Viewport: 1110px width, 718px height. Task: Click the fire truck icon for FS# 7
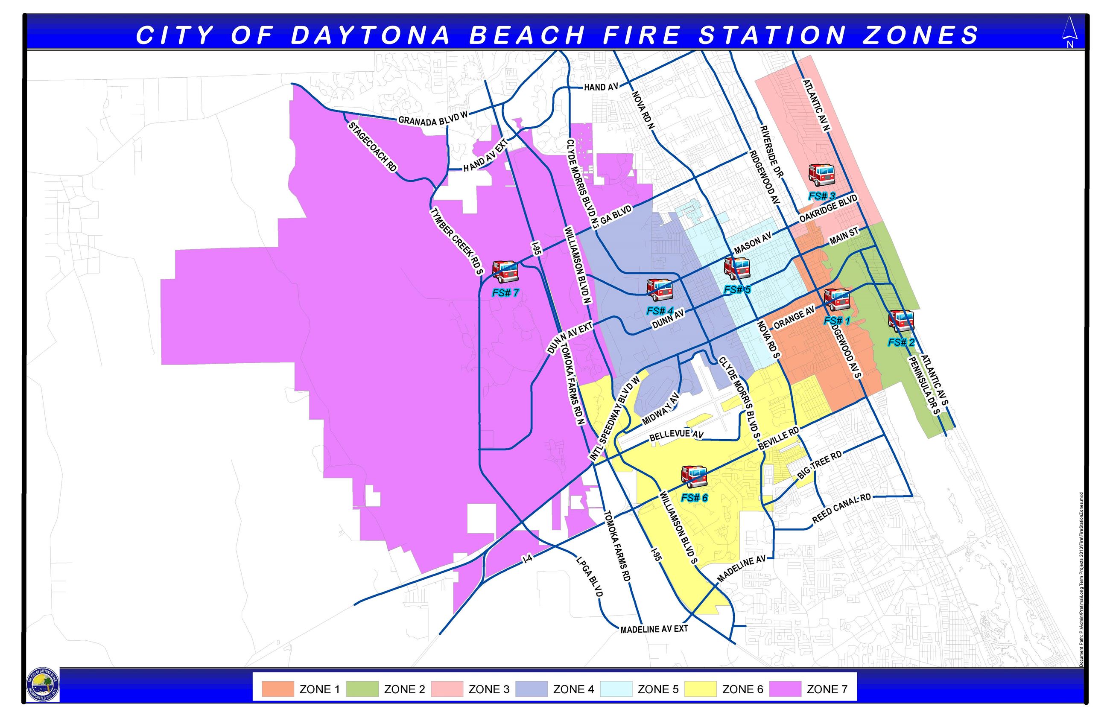click(505, 271)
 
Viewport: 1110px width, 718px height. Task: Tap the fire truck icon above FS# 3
click(821, 175)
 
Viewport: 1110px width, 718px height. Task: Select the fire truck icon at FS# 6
click(694, 476)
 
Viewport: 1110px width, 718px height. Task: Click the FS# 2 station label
click(901, 342)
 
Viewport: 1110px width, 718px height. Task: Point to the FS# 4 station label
click(660, 310)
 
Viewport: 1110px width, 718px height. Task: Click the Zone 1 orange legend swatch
click(277, 689)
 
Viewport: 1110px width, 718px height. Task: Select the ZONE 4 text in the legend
click(573, 689)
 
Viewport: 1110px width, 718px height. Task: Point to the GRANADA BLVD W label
click(432, 118)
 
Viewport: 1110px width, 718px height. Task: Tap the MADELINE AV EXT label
click(654, 629)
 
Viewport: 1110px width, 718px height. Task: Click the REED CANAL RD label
click(841, 509)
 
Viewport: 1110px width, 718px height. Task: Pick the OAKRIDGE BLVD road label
click(828, 208)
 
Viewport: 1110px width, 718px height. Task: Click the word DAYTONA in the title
click(371, 35)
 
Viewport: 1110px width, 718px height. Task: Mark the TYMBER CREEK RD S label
click(456, 241)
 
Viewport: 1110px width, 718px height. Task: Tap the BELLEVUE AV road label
click(676, 435)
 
